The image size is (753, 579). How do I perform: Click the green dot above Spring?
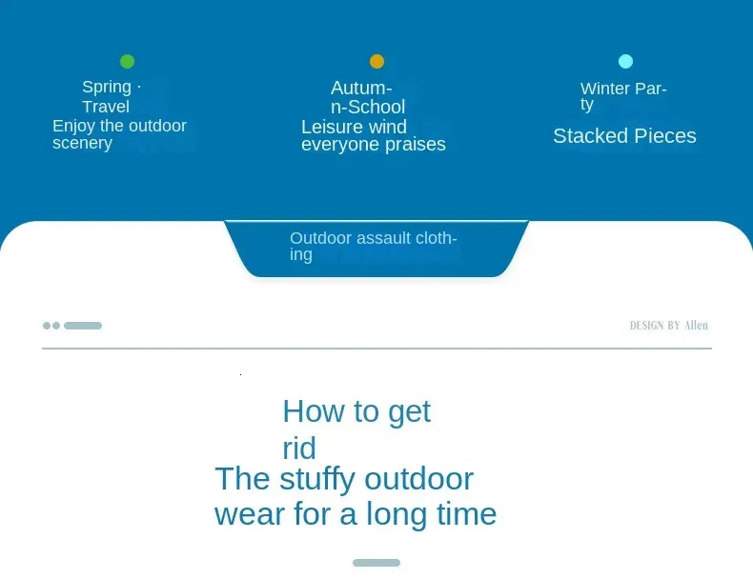point(128,61)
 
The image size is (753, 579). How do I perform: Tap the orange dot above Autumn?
point(377,61)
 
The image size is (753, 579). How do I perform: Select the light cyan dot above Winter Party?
point(625,61)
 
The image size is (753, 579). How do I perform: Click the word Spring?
point(107,88)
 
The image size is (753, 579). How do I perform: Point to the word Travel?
point(106,107)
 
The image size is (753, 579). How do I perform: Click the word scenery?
point(82,143)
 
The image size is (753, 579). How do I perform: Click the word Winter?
point(605,89)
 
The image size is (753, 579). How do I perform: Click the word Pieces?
point(658,136)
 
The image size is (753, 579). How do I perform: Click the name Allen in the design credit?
point(697,326)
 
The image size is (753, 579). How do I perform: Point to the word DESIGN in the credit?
point(646,326)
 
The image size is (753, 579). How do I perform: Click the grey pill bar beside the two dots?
point(83,326)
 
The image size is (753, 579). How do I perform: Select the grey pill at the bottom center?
point(376,563)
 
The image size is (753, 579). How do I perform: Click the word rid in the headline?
point(299,448)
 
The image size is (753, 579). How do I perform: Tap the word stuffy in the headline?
point(318,480)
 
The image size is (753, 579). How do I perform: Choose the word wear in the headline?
point(251,514)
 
